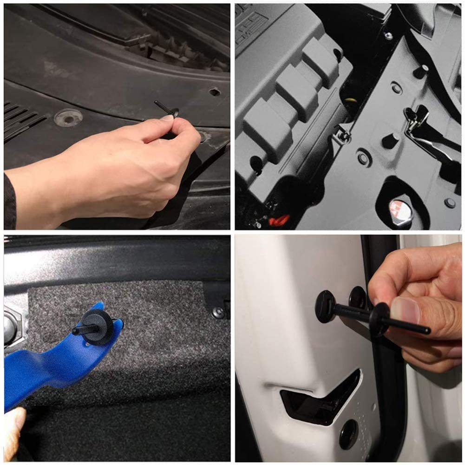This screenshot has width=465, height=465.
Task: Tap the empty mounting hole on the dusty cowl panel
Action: tap(214, 92)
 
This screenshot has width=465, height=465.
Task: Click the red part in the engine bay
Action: tap(279, 219)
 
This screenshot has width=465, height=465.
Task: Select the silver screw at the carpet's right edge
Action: tap(217, 312)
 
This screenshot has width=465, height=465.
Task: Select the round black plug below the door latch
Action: tap(348, 435)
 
